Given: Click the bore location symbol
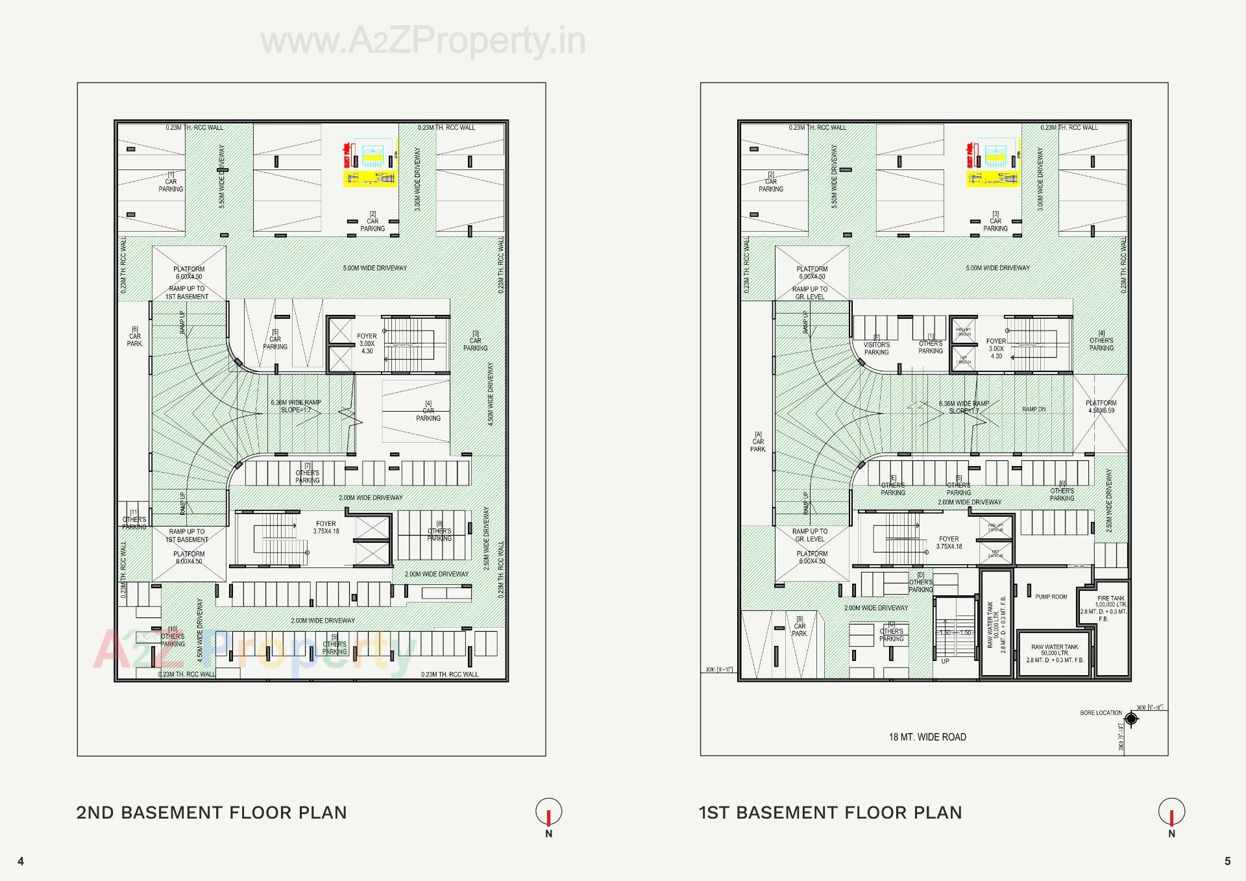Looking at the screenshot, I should pyautogui.click(x=1131, y=719).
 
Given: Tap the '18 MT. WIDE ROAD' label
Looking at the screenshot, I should pyautogui.click(x=927, y=737).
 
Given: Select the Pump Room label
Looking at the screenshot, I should pyautogui.click(x=1051, y=597).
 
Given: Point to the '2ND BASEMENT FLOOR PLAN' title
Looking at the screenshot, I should pyautogui.click(x=212, y=813).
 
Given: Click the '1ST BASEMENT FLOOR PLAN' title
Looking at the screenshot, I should pyautogui.click(x=830, y=813).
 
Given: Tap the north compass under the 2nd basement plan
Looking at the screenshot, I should pyautogui.click(x=548, y=813).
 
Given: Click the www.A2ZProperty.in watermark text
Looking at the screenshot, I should pyautogui.click(x=423, y=41).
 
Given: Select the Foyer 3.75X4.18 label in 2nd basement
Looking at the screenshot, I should pyautogui.click(x=326, y=527).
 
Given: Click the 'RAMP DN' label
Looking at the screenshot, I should pyautogui.click(x=1034, y=410).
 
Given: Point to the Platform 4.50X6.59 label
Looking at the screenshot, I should pyautogui.click(x=1101, y=406).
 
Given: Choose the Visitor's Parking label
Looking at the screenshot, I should pyautogui.click(x=876, y=348).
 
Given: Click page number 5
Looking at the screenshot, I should pyautogui.click(x=1227, y=862).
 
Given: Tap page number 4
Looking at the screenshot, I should pyautogui.click(x=21, y=862).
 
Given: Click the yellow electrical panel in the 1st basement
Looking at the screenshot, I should pyautogui.click(x=993, y=162).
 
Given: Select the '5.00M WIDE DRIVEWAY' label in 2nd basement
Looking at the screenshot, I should pyautogui.click(x=374, y=268).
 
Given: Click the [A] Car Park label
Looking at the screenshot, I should pyautogui.click(x=758, y=441).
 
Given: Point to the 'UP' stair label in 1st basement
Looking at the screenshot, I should pyautogui.click(x=945, y=661).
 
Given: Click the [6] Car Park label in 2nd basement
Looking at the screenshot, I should pyautogui.click(x=134, y=336).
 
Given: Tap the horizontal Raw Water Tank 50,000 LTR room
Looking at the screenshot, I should pyautogui.click(x=1055, y=653).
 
